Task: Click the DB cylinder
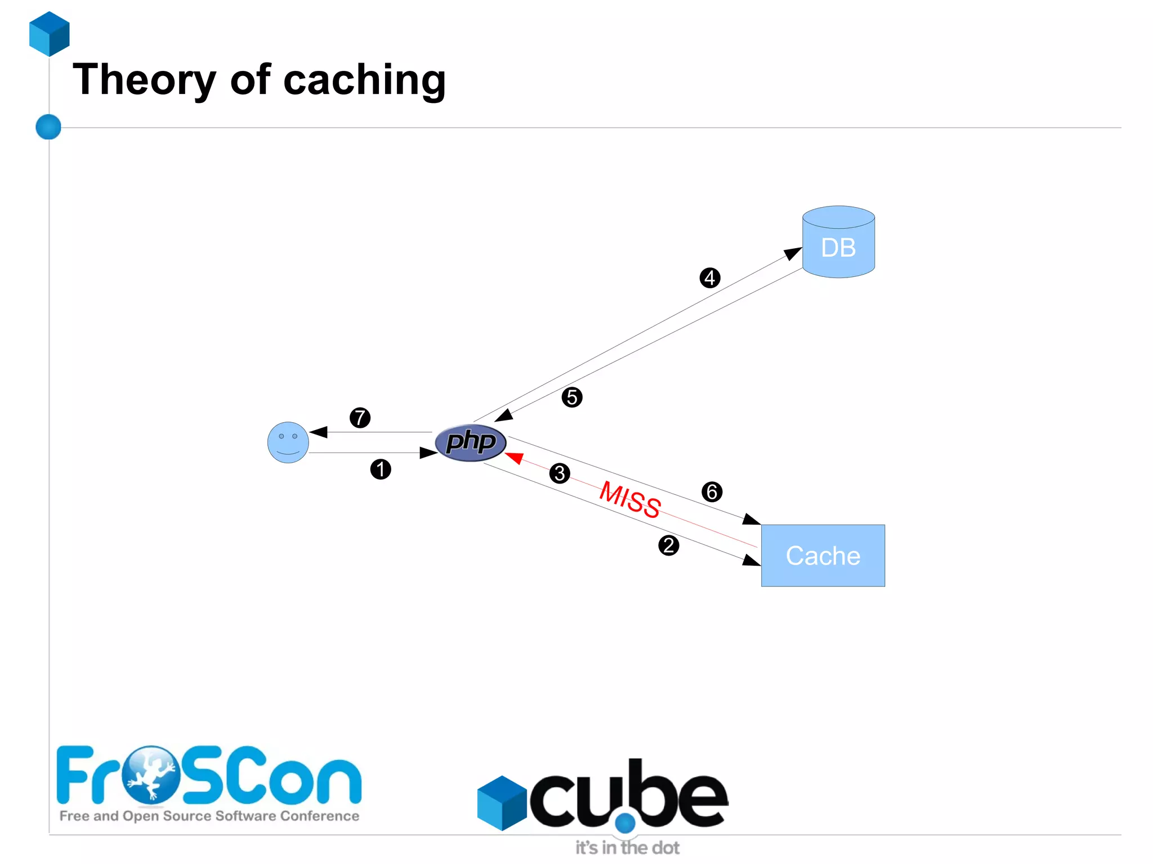point(838,243)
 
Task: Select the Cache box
point(823,556)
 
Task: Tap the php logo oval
point(471,442)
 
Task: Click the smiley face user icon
point(288,442)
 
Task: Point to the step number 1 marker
point(381,469)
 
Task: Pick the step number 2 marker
point(668,545)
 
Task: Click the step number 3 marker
point(559,473)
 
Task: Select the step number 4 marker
point(709,277)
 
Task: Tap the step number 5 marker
point(571,397)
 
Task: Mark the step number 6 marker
point(712,492)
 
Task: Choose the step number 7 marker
point(360,418)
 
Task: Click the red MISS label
point(630,499)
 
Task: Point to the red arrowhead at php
point(514,457)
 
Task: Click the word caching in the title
point(364,80)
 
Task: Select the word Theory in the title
point(144,80)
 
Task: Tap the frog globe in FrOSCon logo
point(151,775)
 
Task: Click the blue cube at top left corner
point(50,34)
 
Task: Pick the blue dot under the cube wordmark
point(625,823)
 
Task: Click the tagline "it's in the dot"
point(627,848)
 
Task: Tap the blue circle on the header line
point(48,127)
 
